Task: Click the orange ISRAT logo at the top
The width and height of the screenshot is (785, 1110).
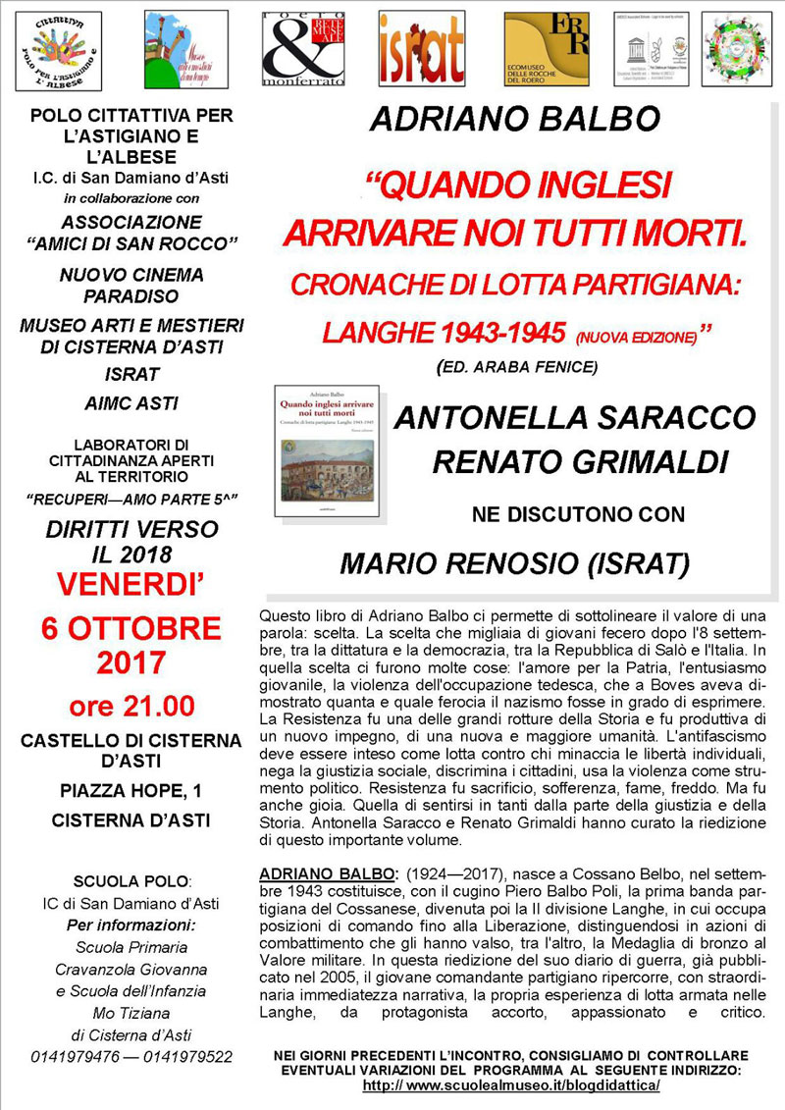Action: (421, 48)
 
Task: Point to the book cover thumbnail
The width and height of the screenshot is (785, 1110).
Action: (325, 452)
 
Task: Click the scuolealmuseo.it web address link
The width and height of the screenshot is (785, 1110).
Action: (510, 1085)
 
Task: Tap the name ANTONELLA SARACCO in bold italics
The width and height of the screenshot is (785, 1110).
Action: (574, 418)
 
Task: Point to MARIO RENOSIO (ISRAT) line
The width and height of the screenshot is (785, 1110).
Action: (514, 563)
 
